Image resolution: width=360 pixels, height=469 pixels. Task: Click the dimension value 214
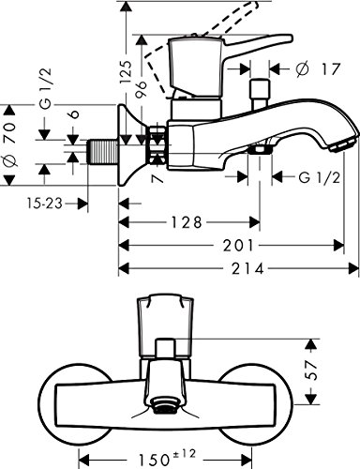(247, 269)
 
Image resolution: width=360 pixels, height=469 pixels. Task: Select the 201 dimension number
(238, 246)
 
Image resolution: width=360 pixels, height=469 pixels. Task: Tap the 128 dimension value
(187, 223)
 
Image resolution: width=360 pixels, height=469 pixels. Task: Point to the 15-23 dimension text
(44, 204)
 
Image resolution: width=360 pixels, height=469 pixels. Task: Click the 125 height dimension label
(126, 71)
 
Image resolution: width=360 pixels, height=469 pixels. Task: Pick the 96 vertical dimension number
(141, 90)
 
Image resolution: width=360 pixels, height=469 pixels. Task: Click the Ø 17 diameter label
(318, 68)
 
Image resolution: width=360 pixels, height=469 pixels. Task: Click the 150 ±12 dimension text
(167, 457)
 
